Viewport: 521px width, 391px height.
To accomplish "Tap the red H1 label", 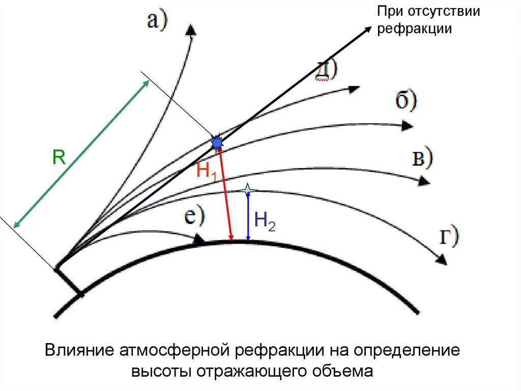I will pos(207,171).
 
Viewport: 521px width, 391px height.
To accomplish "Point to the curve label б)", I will pos(406,101).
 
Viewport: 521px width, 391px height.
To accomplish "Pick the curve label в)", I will pos(422,159).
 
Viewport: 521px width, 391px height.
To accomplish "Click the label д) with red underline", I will pos(326,70).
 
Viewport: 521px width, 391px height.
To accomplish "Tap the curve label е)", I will pos(194,217).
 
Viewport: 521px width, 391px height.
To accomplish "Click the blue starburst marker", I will pos(217,142).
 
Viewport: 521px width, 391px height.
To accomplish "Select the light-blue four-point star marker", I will pos(247,190).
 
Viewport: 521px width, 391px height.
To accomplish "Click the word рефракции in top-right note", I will pos(415,29).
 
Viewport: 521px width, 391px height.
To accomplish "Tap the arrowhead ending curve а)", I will pos(191,29).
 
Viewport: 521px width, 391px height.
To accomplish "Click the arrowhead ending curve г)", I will pos(442,260).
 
